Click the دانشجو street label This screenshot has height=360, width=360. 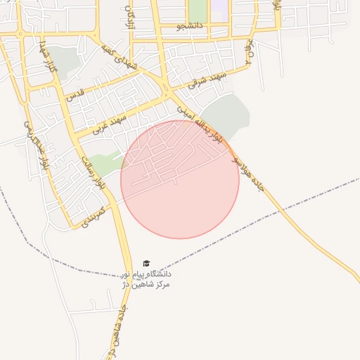(190, 27)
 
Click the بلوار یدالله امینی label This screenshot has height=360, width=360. (202, 123)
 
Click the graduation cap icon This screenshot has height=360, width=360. (146, 263)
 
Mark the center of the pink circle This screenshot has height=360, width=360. (180, 179)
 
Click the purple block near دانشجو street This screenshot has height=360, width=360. (220, 10)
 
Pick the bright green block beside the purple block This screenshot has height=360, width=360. (198, 11)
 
